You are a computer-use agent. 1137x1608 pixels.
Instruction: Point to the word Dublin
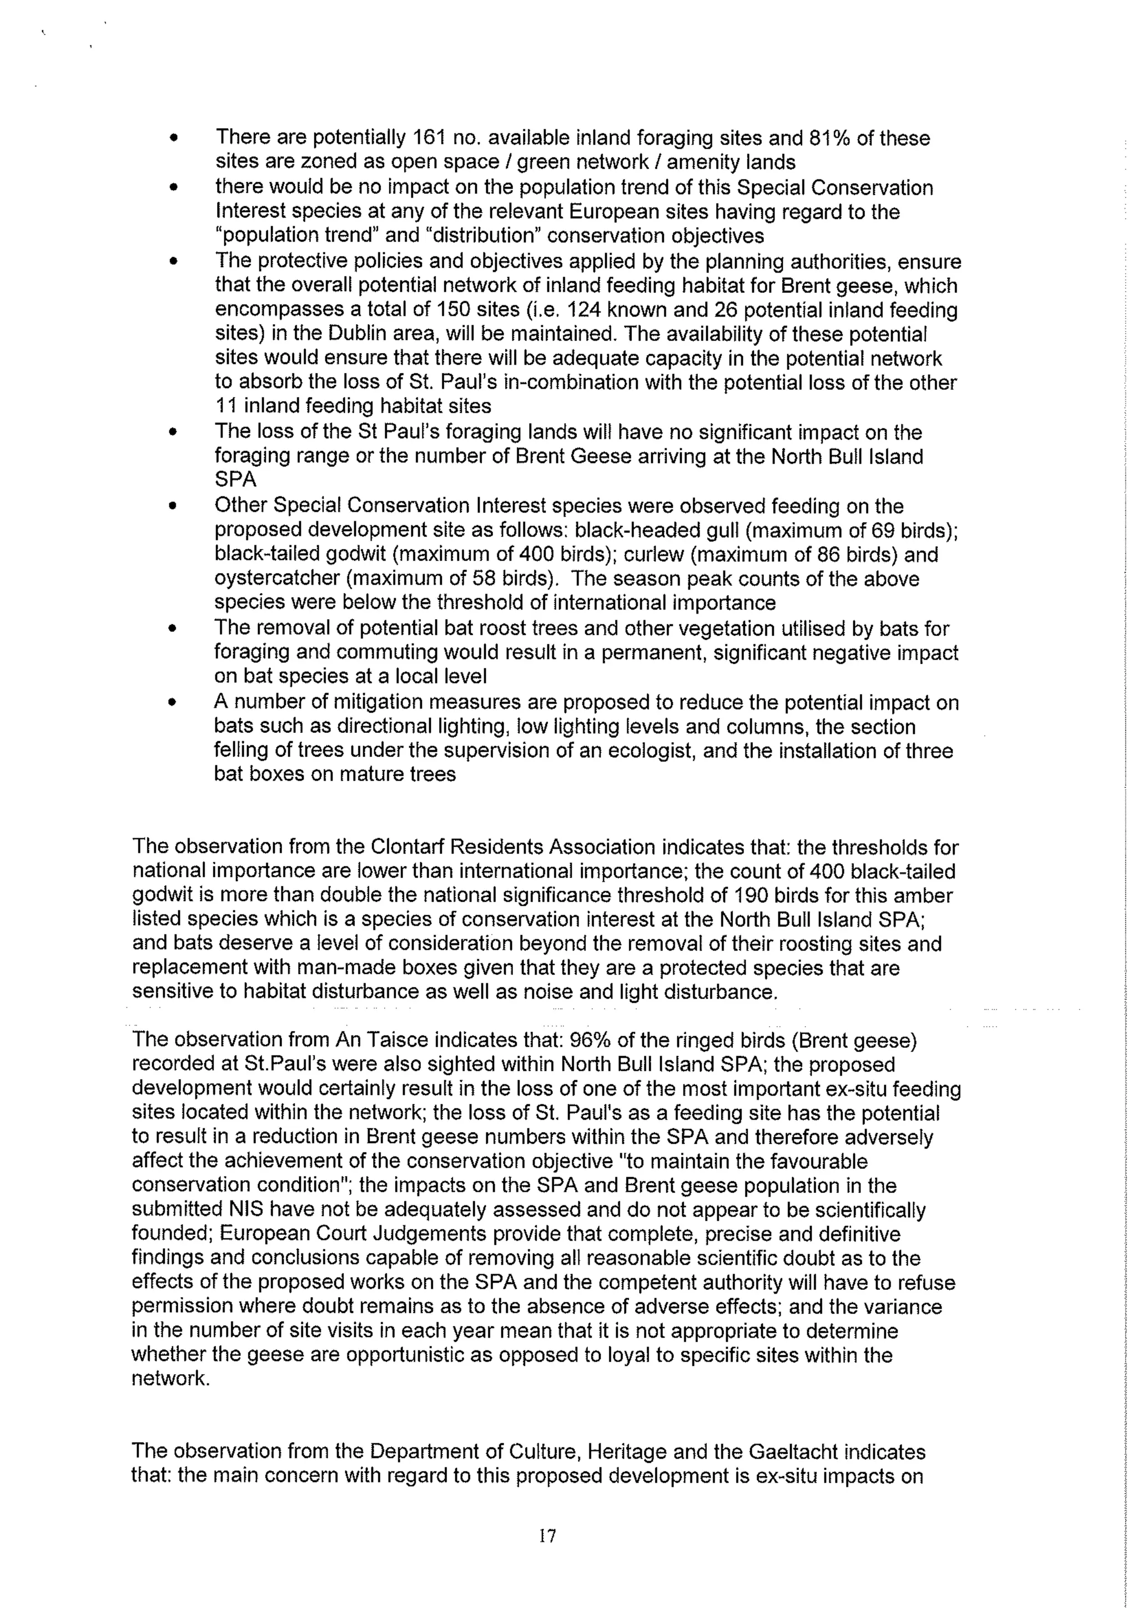tap(290, 334)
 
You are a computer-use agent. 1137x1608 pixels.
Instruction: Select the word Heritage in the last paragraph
tap(641, 1452)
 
